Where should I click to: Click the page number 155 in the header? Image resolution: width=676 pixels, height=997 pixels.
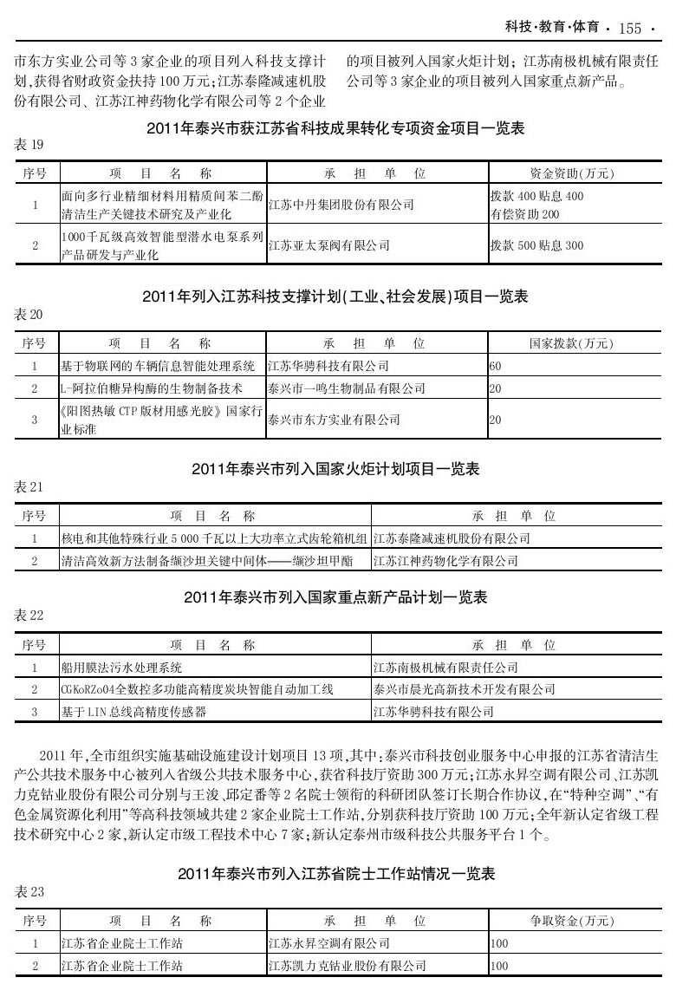[x=630, y=29]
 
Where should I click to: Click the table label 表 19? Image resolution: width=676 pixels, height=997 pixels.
[x=29, y=144]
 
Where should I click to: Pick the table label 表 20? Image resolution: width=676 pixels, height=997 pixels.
[x=29, y=314]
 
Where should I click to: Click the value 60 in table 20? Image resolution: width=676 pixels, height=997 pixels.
[x=496, y=367]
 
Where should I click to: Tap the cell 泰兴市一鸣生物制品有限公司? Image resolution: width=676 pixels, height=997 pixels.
[x=347, y=388]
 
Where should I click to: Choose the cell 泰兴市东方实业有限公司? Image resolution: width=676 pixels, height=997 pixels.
[x=335, y=420]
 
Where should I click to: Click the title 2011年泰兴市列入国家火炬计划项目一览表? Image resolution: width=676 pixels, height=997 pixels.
[x=335, y=469]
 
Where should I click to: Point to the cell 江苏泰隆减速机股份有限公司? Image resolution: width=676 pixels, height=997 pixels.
[x=451, y=538]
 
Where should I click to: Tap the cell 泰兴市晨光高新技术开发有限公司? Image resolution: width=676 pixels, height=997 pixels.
[x=463, y=689]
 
